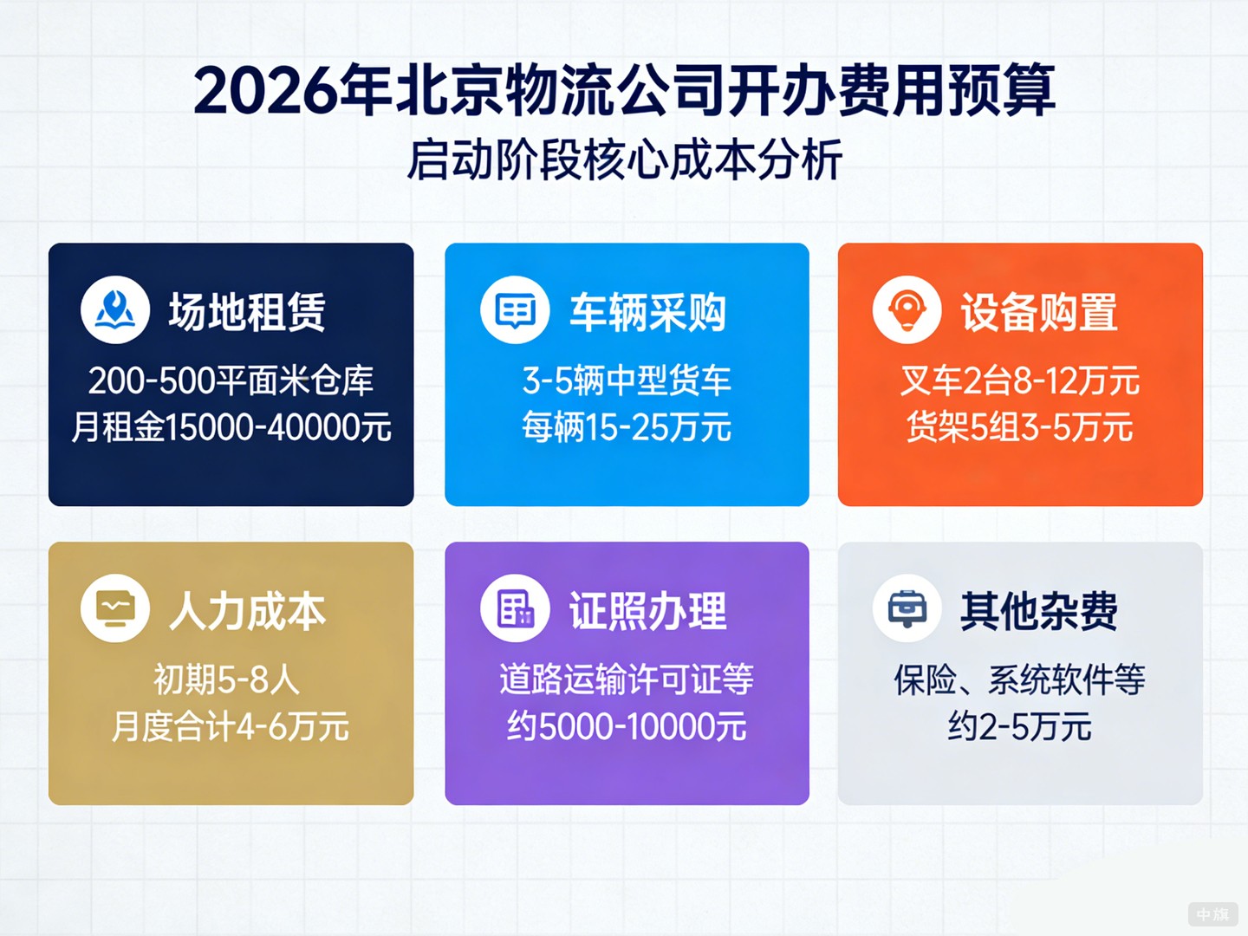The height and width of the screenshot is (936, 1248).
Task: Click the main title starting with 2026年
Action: tap(624, 90)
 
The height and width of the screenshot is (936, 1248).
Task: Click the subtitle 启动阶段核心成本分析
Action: tap(624, 160)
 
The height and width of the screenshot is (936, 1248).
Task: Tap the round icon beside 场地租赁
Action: tap(115, 310)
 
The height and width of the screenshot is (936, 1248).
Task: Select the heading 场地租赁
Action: tap(247, 312)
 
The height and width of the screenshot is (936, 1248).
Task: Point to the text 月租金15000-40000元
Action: tap(231, 427)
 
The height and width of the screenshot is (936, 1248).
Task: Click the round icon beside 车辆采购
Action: tap(515, 310)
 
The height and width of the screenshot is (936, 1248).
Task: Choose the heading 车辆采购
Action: tap(647, 312)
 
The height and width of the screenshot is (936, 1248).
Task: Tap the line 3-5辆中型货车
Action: tap(627, 380)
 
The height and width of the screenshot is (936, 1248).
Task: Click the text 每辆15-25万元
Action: tap(627, 427)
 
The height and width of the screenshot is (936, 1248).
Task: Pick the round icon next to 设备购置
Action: tap(907, 310)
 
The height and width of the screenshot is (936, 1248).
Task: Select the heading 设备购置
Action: tap(1039, 312)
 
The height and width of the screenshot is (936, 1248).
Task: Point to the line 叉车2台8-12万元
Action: tap(1020, 380)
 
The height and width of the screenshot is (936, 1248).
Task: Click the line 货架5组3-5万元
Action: tap(1020, 427)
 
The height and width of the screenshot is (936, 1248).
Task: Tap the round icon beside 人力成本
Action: tap(115, 609)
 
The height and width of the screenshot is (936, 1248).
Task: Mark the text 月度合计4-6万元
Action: tap(231, 726)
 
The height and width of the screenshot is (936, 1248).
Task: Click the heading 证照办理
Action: tap(647, 611)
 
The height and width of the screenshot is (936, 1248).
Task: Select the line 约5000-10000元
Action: tap(627, 726)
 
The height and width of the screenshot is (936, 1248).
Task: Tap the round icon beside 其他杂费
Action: tap(907, 609)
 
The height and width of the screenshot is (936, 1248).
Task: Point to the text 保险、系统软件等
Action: tap(1020, 679)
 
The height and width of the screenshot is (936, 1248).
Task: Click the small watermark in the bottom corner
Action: tap(1212, 914)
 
